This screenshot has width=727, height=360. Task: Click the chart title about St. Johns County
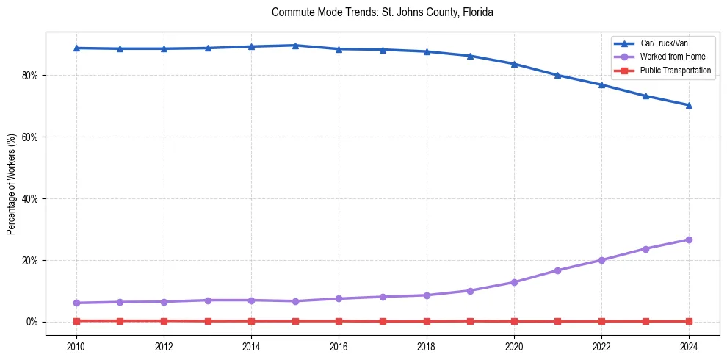(x=382, y=12)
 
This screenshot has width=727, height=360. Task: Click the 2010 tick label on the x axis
(x=76, y=346)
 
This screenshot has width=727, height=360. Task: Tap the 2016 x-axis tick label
(x=339, y=346)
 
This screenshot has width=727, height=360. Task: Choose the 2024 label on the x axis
(x=689, y=346)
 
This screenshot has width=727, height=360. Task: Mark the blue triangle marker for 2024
(x=689, y=105)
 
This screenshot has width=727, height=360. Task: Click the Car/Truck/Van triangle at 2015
(x=295, y=46)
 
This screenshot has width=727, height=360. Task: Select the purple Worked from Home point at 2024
(x=689, y=240)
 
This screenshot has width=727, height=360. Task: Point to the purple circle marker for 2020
(x=514, y=282)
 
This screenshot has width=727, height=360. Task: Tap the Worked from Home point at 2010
(x=76, y=303)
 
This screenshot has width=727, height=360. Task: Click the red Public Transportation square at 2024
(x=689, y=321)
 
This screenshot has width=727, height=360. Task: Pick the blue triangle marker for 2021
(x=557, y=75)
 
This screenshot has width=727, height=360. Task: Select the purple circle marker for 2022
(x=601, y=260)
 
